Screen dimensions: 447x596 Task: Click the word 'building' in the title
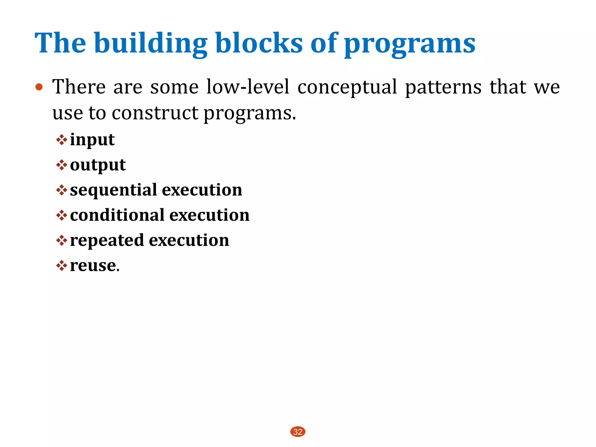coord(150,44)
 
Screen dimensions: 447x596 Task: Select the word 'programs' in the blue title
coord(409,45)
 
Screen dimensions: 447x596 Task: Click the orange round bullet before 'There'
coord(39,87)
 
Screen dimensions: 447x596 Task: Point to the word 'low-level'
coord(248,87)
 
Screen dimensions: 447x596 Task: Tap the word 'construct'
coord(155,113)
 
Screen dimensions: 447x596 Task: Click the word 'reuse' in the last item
coord(93,266)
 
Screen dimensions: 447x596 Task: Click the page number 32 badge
coord(298,432)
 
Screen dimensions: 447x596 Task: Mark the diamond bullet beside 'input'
coord(61,140)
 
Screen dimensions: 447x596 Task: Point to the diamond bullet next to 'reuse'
coord(61,265)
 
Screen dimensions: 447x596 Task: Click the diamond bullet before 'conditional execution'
coord(61,215)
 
